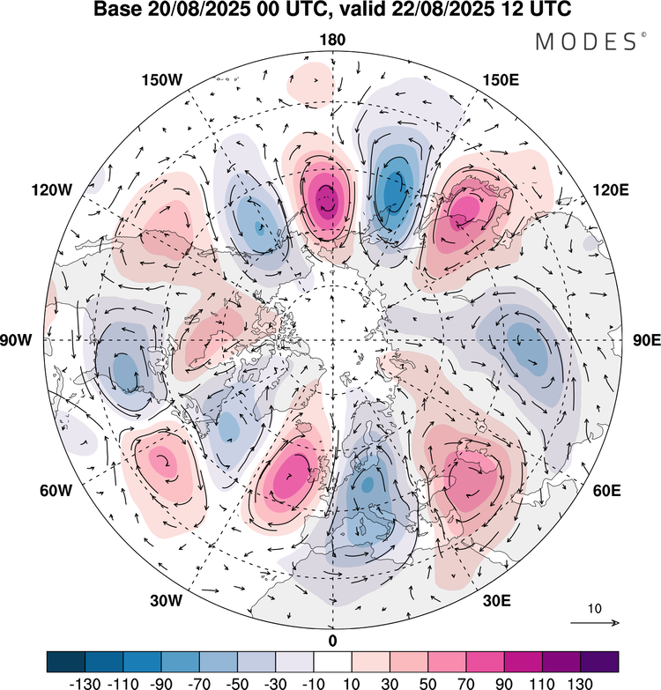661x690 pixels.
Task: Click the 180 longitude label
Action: click(332, 40)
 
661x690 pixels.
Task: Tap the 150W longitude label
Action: click(161, 80)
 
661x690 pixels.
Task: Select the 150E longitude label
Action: click(501, 80)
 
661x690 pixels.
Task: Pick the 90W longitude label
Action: click(26, 340)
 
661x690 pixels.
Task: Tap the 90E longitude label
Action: click(637, 340)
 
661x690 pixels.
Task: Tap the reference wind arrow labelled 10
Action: click(595, 623)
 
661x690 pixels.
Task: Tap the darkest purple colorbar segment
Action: click(598, 661)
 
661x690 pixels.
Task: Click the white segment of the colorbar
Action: click(332, 661)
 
